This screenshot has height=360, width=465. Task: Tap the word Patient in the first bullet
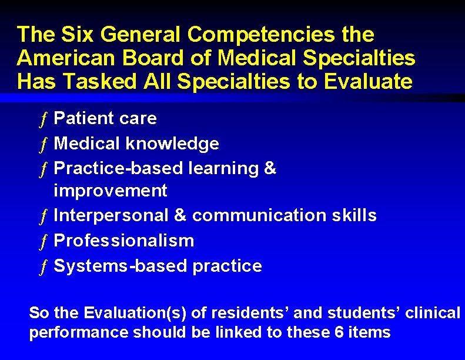[83, 118]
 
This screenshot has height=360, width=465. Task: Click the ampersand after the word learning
[270, 168]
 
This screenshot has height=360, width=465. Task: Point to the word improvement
[111, 191]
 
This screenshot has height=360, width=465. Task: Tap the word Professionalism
[123, 240]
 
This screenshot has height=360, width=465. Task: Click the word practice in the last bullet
[228, 266]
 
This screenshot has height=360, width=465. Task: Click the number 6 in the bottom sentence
[339, 332]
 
